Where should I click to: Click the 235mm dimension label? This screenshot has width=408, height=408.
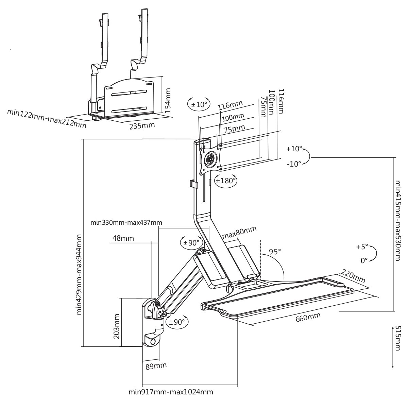click(x=142, y=125)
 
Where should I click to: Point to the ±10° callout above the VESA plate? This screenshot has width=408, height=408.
click(x=199, y=104)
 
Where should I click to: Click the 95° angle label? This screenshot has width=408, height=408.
click(x=275, y=252)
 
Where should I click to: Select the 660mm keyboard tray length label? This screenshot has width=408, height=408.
click(x=308, y=317)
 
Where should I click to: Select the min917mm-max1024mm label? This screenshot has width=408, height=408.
click(x=171, y=392)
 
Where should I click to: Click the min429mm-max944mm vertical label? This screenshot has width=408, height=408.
click(x=79, y=274)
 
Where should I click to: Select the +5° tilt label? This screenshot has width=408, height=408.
click(x=362, y=247)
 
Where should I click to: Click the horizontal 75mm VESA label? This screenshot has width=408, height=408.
click(x=234, y=128)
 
